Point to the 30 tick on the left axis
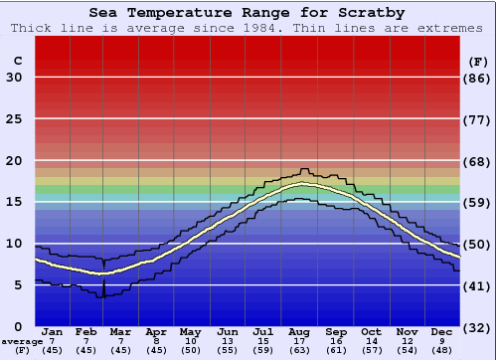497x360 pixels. pyautogui.click(x=14, y=78)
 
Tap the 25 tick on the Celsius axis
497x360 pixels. pyautogui.click(x=14, y=119)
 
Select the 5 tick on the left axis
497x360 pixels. pyautogui.click(x=18, y=285)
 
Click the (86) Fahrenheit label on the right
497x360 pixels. pyautogui.click(x=478, y=78)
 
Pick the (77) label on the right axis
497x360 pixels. pyautogui.click(x=478, y=119)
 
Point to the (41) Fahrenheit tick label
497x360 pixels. pyautogui.click(x=478, y=285)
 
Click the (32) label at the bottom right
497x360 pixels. pyautogui.click(x=478, y=327)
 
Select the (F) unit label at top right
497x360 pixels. pyautogui.click(x=478, y=61)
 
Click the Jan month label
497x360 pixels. pyautogui.click(x=53, y=331)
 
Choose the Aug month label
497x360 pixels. pyautogui.click(x=300, y=331)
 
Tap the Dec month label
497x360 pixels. pyautogui.click(x=441, y=331)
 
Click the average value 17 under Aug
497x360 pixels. pyautogui.click(x=300, y=341)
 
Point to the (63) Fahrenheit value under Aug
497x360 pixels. pyautogui.click(x=300, y=350)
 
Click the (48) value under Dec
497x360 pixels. pyautogui.click(x=441, y=350)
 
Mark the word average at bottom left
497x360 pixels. pyautogui.click(x=22, y=341)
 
